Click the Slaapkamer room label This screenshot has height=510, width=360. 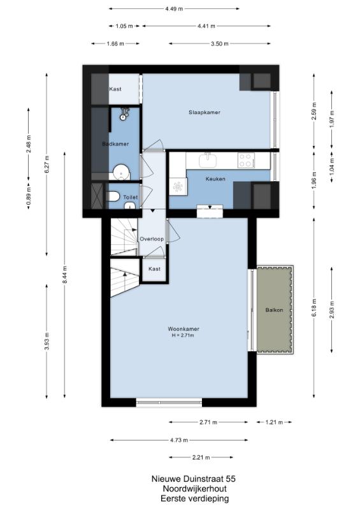pos(205,112)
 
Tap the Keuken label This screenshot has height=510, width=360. pos(215,179)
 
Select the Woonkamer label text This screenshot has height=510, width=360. pos(184,329)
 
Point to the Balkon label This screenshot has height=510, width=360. pos(274,310)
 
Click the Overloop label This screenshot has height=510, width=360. pos(152,239)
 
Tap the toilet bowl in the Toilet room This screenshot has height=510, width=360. pos(112,196)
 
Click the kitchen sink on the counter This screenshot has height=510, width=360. pos(208,161)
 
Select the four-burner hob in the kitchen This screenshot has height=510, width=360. pos(245,160)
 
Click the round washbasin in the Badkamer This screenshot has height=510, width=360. pos(121,172)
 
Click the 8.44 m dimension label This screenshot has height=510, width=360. pos(65,275)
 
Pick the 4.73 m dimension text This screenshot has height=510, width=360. pos(179,440)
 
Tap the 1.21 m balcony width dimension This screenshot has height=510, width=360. pos(274,422)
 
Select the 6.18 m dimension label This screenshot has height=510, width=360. pos(314,308)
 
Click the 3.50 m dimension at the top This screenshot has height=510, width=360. pos(220,43)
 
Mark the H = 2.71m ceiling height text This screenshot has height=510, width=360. pos(183,335)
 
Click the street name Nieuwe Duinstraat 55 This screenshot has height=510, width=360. pos(194,479)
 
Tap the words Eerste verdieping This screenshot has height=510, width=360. pos(194,499)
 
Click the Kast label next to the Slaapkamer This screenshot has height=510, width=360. pos(115,89)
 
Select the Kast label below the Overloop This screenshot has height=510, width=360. pos(154,269)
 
